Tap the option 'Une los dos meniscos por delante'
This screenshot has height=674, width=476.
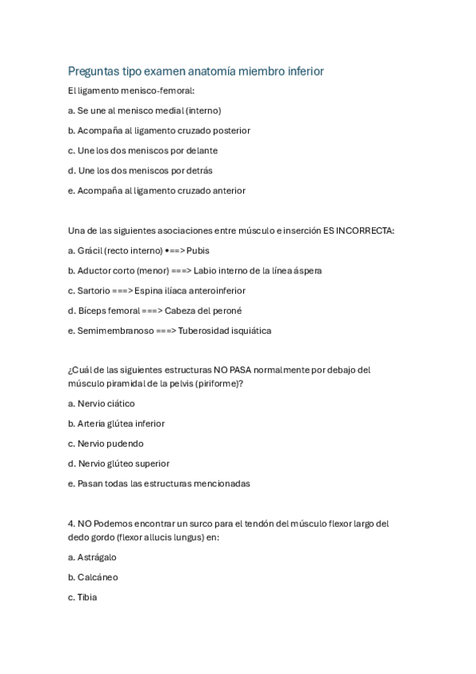[x=143, y=150]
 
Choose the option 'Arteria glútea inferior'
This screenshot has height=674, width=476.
[x=117, y=424]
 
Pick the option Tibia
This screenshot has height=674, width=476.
[x=87, y=597]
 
